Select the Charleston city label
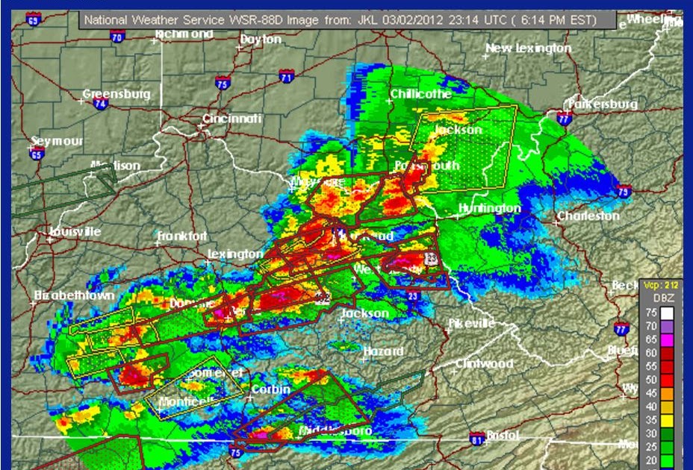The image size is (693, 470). pyautogui.click(x=588, y=216)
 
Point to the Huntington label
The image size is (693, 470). pyautogui.click(x=489, y=208)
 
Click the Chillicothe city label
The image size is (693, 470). pyautogui.click(x=420, y=94)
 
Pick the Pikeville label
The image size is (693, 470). pyautogui.click(x=472, y=323)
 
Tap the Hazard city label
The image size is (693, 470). pyautogui.click(x=383, y=351)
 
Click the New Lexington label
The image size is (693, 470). pyautogui.click(x=529, y=48)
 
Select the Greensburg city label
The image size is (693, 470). pyautogui.click(x=116, y=94)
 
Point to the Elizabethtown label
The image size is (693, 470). pyautogui.click(x=75, y=295)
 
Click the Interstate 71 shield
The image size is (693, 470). pyautogui.click(x=286, y=76)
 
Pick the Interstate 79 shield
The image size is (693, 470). pyautogui.click(x=624, y=191)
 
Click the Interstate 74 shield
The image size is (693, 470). pyautogui.click(x=99, y=104)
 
